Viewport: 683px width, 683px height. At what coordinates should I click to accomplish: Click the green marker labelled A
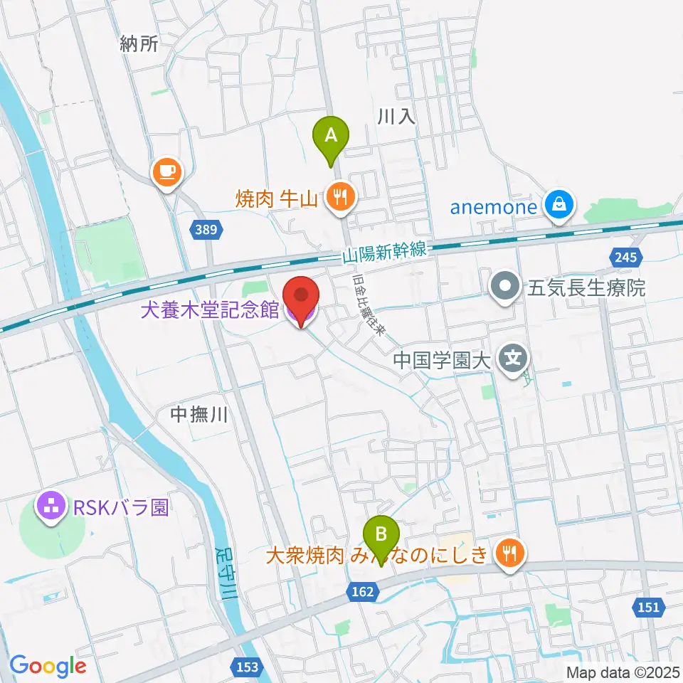click(x=331, y=135)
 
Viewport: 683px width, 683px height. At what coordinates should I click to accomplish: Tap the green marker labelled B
click(x=381, y=534)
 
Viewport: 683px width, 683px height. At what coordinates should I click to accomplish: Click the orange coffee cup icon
click(x=167, y=171)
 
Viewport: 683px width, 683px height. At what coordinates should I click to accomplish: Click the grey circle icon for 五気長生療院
click(x=506, y=287)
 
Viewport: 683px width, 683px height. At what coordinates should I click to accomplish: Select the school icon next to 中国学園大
click(x=514, y=356)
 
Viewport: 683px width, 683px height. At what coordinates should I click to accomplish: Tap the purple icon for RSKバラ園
click(x=51, y=507)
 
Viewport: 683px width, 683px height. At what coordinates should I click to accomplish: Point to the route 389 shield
click(x=208, y=229)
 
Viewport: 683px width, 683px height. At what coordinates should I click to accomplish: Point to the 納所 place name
click(x=139, y=44)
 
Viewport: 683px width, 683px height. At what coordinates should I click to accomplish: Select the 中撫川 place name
click(x=199, y=415)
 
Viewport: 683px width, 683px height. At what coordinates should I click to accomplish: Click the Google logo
click(x=48, y=665)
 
